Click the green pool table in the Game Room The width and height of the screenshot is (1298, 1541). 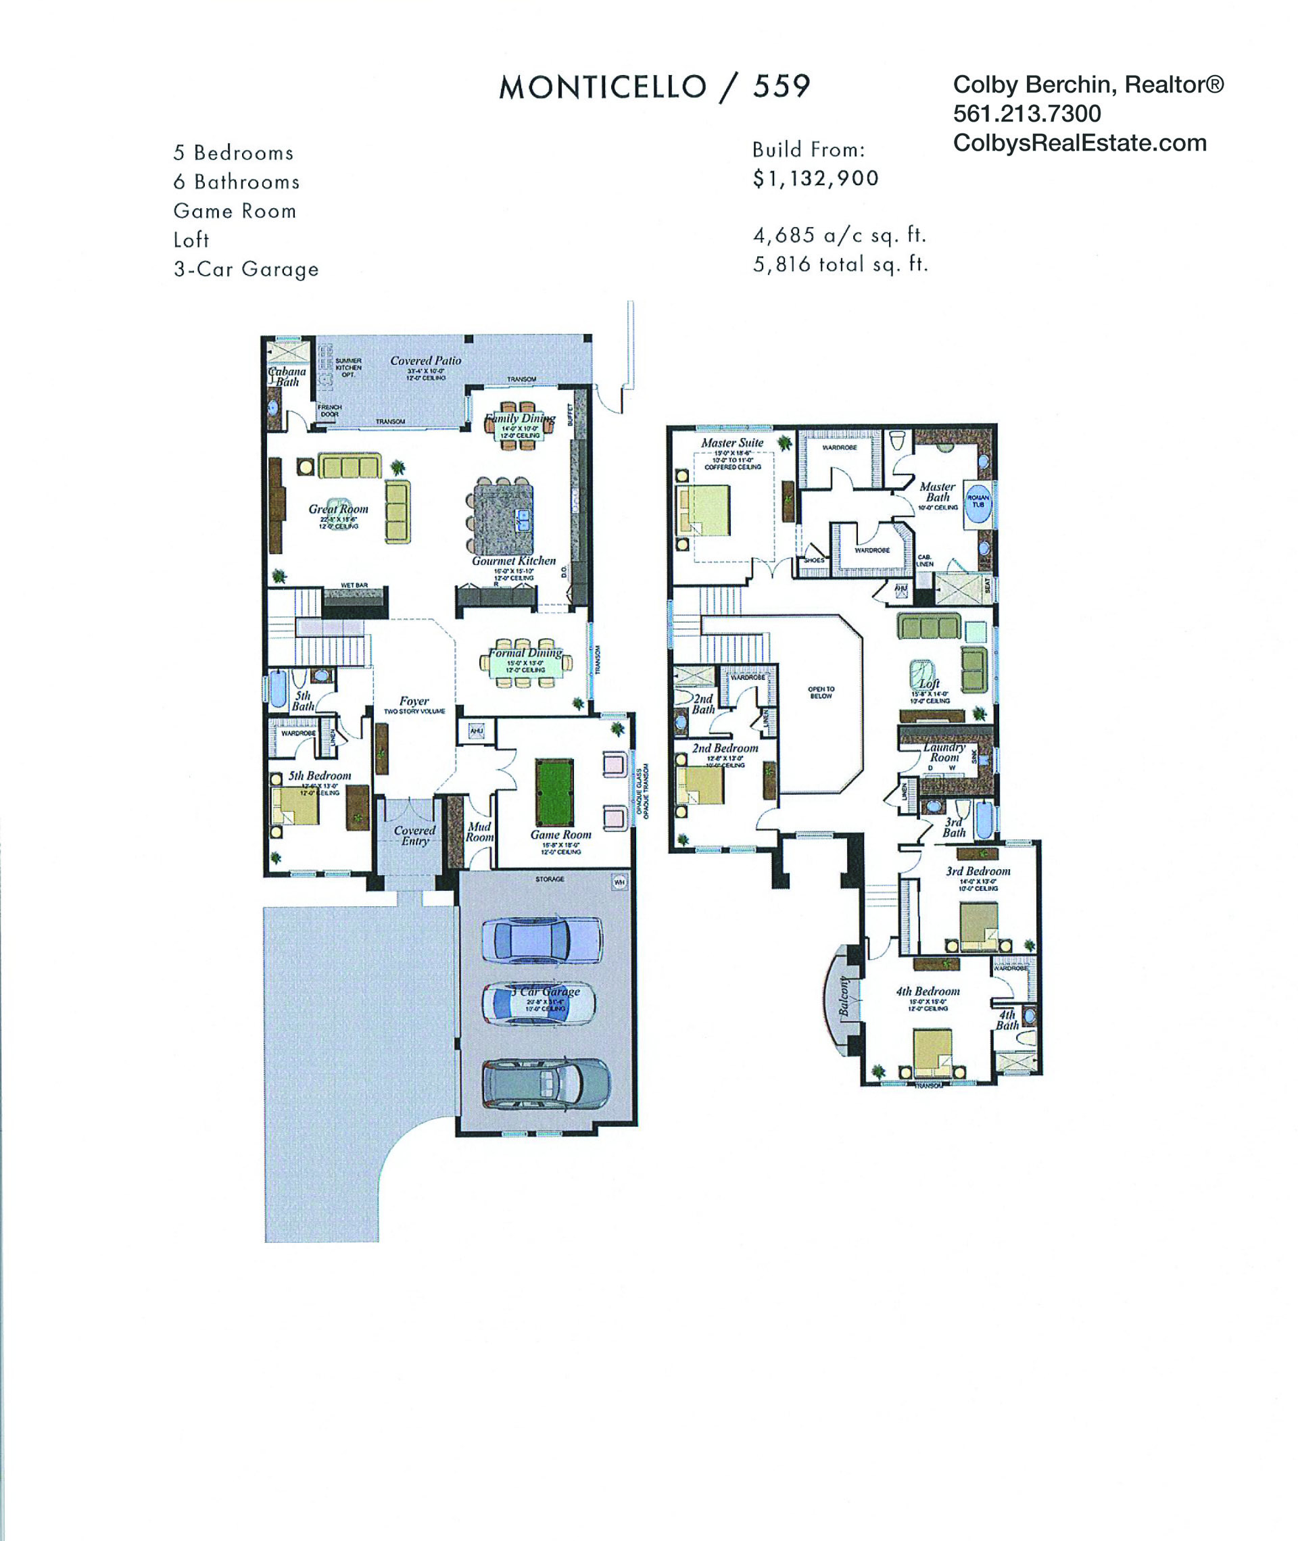coord(554,793)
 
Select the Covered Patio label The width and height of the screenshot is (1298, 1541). coord(425,360)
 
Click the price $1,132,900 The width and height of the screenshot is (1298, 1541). coord(815,178)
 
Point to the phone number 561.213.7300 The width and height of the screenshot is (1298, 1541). coord(1026,114)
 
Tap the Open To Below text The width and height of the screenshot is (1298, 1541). coord(821,692)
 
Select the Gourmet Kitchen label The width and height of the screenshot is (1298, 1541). coord(514,560)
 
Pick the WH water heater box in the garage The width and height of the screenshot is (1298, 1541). coord(619,881)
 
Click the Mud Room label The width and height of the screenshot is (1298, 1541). coord(479,832)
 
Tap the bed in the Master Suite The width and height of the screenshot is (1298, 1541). coord(705,510)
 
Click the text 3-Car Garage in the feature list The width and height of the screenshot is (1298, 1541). coord(246,269)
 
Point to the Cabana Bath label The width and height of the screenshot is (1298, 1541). coord(287,376)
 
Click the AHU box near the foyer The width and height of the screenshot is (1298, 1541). coord(476,731)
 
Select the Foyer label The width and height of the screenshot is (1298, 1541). coord(414,701)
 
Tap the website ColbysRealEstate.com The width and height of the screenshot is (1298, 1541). coord(1080,143)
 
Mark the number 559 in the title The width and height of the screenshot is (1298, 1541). coord(781,87)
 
